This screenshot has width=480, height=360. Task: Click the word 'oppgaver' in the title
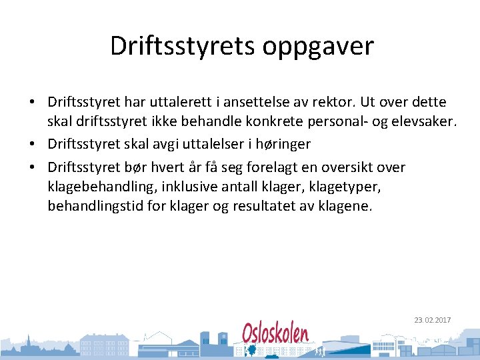click(319, 47)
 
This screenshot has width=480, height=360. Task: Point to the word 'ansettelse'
click(259, 103)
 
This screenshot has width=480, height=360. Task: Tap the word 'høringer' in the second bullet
click(283, 144)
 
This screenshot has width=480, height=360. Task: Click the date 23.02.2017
click(433, 320)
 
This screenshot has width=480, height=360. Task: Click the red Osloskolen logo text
click(275, 332)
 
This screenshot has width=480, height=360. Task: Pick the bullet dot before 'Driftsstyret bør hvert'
click(32, 167)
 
